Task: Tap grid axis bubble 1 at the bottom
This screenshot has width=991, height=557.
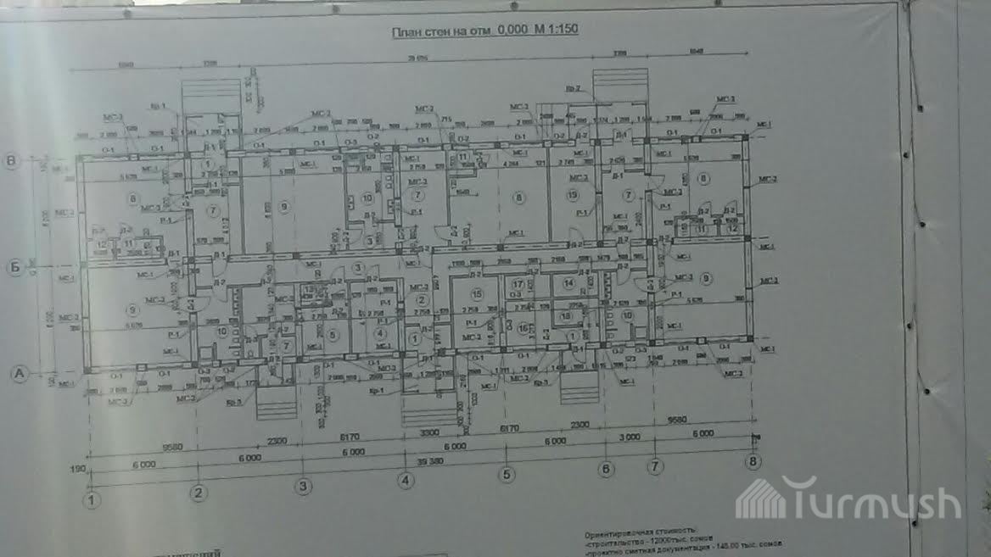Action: (92, 500)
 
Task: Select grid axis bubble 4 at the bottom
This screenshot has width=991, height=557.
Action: (406, 481)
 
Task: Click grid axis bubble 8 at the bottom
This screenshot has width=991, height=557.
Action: (752, 461)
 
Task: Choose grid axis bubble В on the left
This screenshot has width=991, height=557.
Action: (12, 160)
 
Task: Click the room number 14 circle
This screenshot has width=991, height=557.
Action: (568, 283)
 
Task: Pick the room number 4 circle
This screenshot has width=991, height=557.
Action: (378, 333)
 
